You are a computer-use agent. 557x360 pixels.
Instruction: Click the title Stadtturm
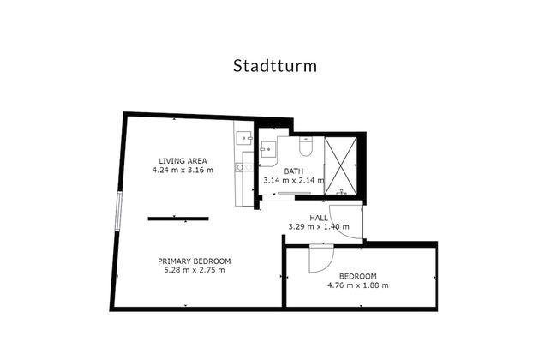click(x=274, y=66)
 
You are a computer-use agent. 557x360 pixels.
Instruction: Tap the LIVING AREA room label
click(x=183, y=161)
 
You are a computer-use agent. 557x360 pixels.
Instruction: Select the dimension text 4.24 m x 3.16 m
click(x=183, y=170)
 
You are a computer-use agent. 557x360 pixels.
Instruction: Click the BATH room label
click(x=294, y=171)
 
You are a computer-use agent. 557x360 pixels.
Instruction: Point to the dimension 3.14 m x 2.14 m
click(x=294, y=180)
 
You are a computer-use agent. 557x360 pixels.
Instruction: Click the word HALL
click(x=319, y=218)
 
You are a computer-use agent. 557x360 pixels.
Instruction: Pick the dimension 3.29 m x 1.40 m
click(x=319, y=227)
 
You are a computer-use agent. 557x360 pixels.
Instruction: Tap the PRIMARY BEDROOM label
click(x=195, y=261)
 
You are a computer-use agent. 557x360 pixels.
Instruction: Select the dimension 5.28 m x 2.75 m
click(x=195, y=270)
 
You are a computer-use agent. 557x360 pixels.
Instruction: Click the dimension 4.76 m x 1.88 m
click(x=357, y=285)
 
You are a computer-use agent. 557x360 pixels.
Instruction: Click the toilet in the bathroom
click(x=306, y=146)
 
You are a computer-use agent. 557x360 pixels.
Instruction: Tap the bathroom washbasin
click(x=267, y=149)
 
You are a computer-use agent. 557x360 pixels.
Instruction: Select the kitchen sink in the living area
click(x=244, y=138)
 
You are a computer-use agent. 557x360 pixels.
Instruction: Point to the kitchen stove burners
click(x=244, y=167)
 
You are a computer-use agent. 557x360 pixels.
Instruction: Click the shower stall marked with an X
click(x=340, y=165)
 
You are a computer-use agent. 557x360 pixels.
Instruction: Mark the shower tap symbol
click(x=341, y=191)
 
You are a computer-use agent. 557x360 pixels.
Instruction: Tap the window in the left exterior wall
click(x=118, y=212)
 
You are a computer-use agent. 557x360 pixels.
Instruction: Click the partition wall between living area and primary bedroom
click(x=178, y=219)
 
